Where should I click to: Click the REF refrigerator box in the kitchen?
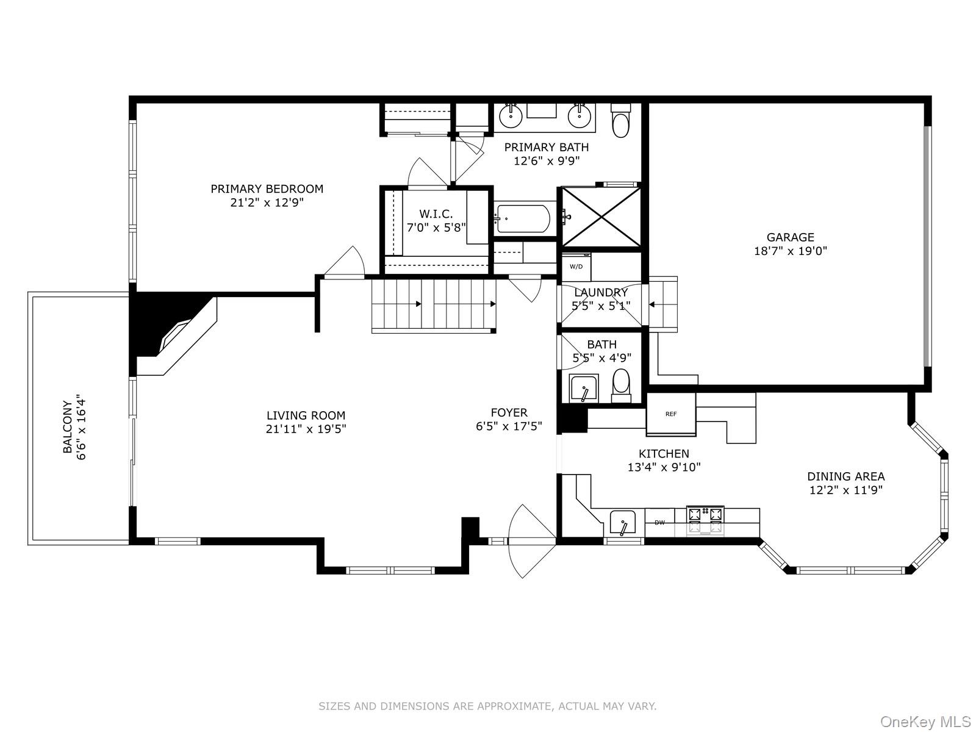(671, 414)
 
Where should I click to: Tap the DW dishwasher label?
(659, 522)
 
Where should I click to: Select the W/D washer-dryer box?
(576, 267)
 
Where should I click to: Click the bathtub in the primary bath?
(523, 218)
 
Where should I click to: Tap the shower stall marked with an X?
(601, 217)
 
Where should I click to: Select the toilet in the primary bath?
(620, 121)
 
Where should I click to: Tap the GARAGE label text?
(790, 237)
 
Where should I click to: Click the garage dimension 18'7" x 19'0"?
(790, 251)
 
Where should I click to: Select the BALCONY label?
(68, 427)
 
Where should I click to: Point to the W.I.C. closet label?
(436, 214)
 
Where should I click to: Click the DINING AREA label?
(845, 476)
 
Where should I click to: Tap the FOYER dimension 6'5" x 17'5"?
(509, 426)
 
